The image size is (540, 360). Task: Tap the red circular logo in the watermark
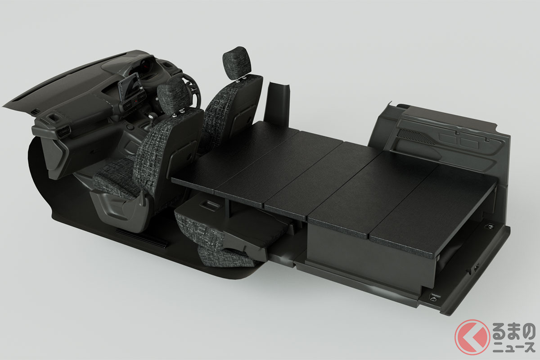coord(472,337)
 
